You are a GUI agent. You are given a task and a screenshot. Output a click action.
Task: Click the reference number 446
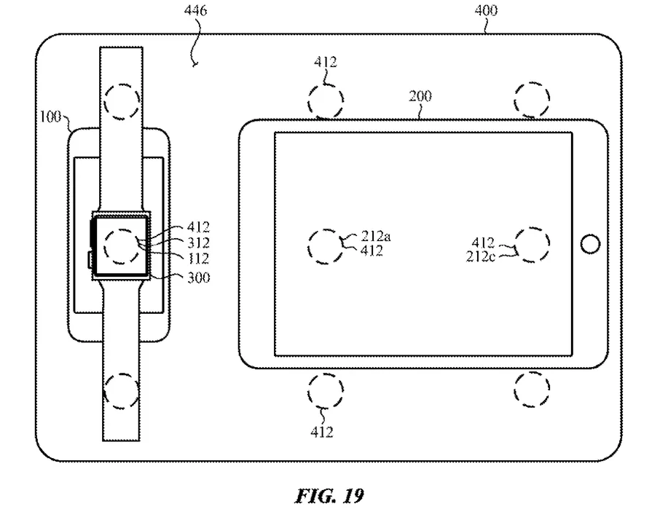pyautogui.click(x=195, y=10)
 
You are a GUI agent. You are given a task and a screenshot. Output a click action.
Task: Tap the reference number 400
pyautogui.click(x=486, y=10)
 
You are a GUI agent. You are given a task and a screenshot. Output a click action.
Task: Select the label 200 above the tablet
pyautogui.click(x=420, y=96)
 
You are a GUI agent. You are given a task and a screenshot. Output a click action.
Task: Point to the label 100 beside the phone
pyautogui.click(x=50, y=117)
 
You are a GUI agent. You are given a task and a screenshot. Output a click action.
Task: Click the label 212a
pyautogui.click(x=376, y=236)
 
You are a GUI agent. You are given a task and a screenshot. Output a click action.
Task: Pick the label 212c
pyautogui.click(x=480, y=257)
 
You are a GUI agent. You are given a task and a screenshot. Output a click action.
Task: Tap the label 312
pyautogui.click(x=199, y=242)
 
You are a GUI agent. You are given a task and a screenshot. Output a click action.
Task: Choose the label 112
pyautogui.click(x=199, y=259)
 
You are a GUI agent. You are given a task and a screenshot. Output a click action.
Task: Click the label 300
pyautogui.click(x=199, y=277)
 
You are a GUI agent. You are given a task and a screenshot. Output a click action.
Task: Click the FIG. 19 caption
pyautogui.click(x=330, y=496)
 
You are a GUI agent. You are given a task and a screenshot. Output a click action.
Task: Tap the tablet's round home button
pyautogui.click(x=590, y=244)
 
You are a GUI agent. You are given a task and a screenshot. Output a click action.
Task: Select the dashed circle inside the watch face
pyautogui.click(x=122, y=247)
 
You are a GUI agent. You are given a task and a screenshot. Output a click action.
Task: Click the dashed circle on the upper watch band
pyautogui.click(x=122, y=101)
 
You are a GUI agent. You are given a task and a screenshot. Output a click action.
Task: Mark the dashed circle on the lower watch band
pyautogui.click(x=122, y=392)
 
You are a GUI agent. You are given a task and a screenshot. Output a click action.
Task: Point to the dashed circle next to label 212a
pyautogui.click(x=326, y=247)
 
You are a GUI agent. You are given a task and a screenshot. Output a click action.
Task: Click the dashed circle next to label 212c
pyautogui.click(x=532, y=245)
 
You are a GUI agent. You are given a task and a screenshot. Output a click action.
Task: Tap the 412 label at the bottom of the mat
pyautogui.click(x=322, y=433)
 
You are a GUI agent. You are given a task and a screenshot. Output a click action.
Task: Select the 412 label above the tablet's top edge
pyautogui.click(x=326, y=62)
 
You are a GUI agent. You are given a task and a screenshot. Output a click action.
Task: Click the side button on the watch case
pyautogui.click(x=90, y=260)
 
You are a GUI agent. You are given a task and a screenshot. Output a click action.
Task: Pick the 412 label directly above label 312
pyautogui.click(x=199, y=227)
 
